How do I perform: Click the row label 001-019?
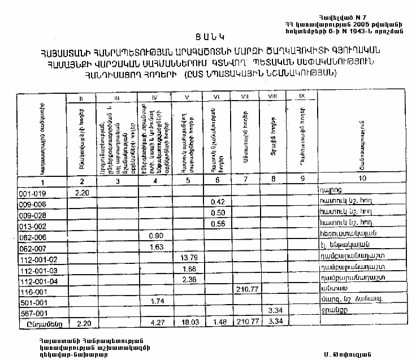pyautogui.click(x=28, y=193)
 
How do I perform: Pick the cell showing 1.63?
pyautogui.click(x=155, y=248)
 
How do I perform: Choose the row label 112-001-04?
pyautogui.click(x=34, y=280)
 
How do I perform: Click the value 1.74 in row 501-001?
pyautogui.click(x=155, y=302)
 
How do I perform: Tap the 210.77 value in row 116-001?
pyautogui.click(x=246, y=291)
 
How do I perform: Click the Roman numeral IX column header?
pyautogui.click(x=302, y=97)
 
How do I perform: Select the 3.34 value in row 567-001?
pyautogui.click(x=275, y=311)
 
